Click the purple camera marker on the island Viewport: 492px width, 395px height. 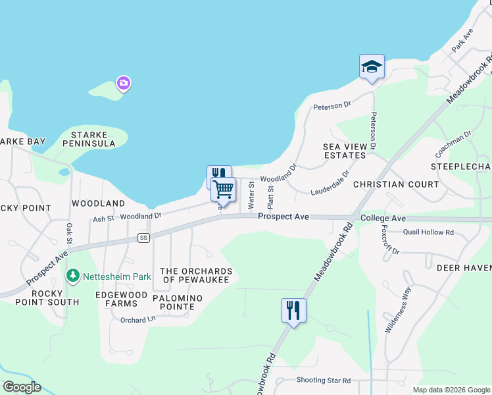[x=123, y=83]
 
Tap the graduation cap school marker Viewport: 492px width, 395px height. [x=372, y=67]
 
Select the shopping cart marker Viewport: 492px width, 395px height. [x=224, y=190]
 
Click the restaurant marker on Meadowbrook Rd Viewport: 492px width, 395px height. [x=293, y=310]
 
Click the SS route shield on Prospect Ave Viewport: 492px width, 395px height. [x=143, y=237]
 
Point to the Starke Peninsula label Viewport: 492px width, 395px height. [x=89, y=138]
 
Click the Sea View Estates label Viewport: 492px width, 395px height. [x=345, y=151]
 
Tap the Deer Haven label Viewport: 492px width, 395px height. [x=464, y=267]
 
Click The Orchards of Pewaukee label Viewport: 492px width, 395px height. [x=196, y=276]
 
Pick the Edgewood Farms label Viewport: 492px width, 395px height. [x=116, y=299]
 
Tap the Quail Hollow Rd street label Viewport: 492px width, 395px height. [x=428, y=232]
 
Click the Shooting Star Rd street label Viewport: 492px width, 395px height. [x=324, y=381]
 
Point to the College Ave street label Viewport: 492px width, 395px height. [x=383, y=218]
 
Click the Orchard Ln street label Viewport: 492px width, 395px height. [x=137, y=320]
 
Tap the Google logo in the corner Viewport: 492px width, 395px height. [x=22, y=387]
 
